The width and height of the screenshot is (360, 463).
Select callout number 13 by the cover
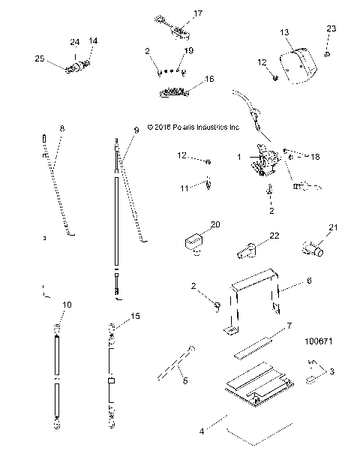pos(284,33)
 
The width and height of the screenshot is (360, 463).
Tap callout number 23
pos(331,29)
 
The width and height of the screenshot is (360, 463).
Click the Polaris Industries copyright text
pos(193,128)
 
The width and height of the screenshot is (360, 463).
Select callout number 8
pos(61,129)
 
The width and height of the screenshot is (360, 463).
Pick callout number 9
pos(136,131)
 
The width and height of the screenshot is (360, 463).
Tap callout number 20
pos(215,224)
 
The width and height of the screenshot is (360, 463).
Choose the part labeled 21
pos(311,247)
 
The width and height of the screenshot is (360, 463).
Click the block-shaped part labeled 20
pos(193,243)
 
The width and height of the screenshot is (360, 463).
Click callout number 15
pos(136,316)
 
